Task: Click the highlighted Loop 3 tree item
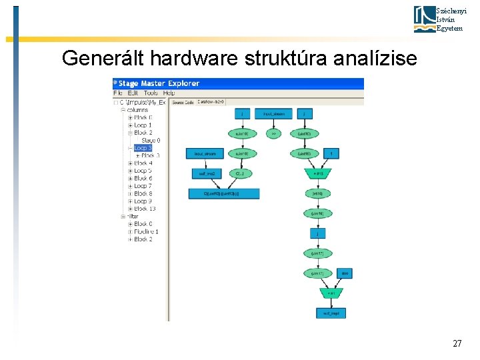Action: click(x=143, y=148)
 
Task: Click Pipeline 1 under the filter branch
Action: click(x=146, y=231)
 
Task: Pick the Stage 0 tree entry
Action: click(x=151, y=140)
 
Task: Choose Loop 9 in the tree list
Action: click(x=143, y=201)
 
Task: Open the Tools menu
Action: click(x=151, y=93)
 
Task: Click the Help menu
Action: click(x=169, y=93)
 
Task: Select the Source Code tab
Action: click(x=182, y=102)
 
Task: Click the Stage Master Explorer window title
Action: click(x=159, y=83)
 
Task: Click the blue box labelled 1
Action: click(x=331, y=154)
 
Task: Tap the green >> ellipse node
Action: click(x=273, y=133)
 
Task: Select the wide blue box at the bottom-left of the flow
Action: click(x=223, y=194)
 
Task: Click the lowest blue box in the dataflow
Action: click(x=331, y=313)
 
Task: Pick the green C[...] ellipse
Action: click(x=240, y=173)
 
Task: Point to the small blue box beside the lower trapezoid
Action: click(x=345, y=273)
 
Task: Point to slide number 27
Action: click(x=457, y=344)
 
